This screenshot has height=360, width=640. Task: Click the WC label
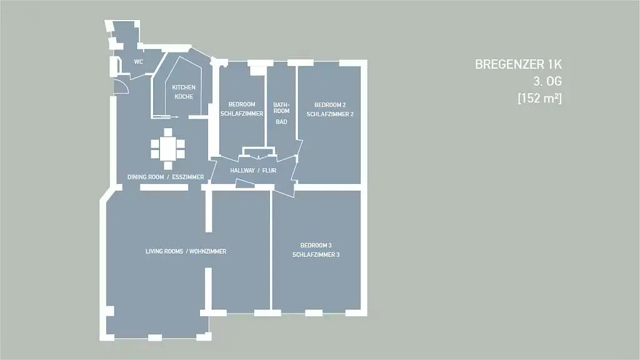coord(138,62)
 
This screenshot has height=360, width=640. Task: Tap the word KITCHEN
coord(184,87)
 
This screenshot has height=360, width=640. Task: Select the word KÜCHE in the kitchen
coord(184,97)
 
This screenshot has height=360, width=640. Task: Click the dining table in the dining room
coord(167,149)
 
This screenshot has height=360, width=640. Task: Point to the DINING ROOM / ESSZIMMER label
coord(165,177)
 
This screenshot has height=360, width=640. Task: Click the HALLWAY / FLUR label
coord(253,170)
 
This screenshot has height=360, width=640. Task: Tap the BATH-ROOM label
coord(281,107)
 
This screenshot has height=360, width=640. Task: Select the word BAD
coord(281,122)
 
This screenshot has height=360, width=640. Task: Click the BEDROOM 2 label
coord(330,105)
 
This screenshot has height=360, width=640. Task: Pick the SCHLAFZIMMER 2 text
coord(330,114)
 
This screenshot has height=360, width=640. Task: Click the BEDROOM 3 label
coord(316,245)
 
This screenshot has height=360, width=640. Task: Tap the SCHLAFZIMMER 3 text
coord(316,255)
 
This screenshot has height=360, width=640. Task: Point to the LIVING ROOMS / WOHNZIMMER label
coord(186,251)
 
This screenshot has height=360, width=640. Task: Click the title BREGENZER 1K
coord(518,64)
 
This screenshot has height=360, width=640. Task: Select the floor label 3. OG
coord(547,81)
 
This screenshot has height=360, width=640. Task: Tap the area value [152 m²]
coord(539,98)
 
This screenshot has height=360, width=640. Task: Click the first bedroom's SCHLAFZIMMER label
coord(242,114)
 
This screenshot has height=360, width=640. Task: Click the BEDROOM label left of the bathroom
coord(242,104)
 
